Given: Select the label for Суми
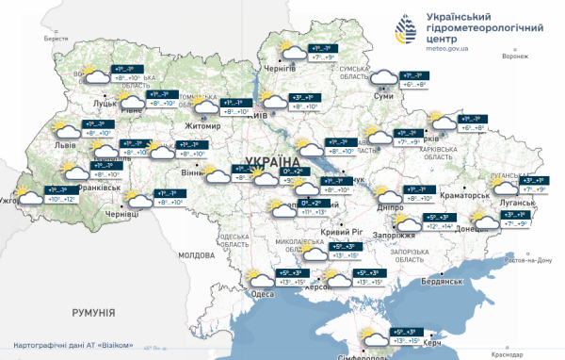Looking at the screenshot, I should click(383, 96).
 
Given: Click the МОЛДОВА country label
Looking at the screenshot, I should click(197, 255).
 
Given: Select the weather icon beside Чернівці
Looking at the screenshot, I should click(140, 199).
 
